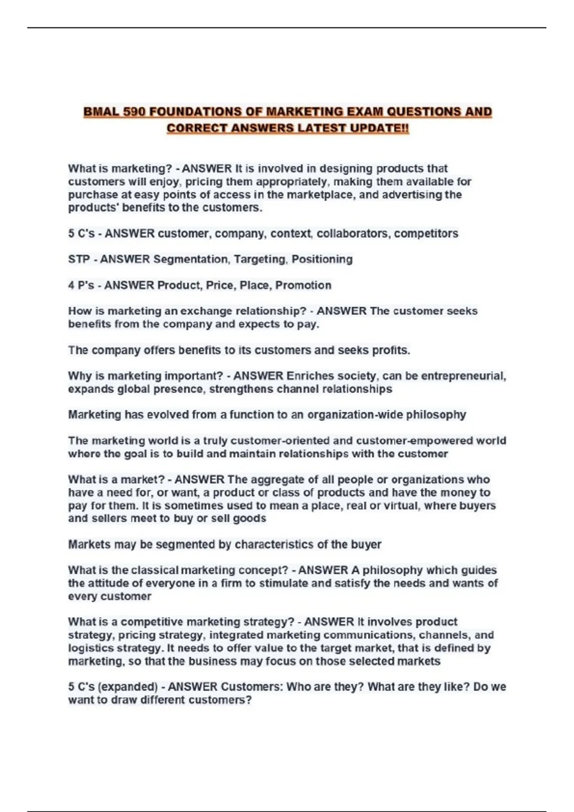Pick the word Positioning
coord(322,259)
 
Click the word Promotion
coord(303,285)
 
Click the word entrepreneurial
coord(463,376)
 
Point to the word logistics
coord(89,648)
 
